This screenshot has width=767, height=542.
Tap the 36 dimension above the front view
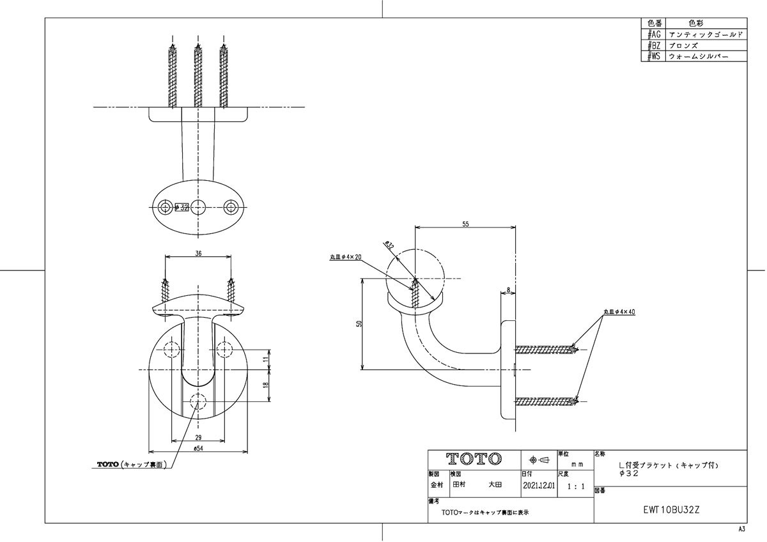198,253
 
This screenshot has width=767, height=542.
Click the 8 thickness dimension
508,290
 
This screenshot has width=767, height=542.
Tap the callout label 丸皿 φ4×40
619,313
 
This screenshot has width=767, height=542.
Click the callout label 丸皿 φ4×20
346,256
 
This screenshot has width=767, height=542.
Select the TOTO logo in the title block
474,459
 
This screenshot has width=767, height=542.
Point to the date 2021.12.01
539,485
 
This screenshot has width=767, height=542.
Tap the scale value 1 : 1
575,486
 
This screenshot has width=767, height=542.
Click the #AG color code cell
653,34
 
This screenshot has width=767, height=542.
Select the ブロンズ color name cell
683,45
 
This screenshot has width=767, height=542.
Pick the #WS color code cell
653,57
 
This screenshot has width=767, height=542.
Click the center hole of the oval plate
199,206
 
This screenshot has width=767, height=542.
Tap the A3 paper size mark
741,530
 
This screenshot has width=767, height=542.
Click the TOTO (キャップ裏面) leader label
132,465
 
